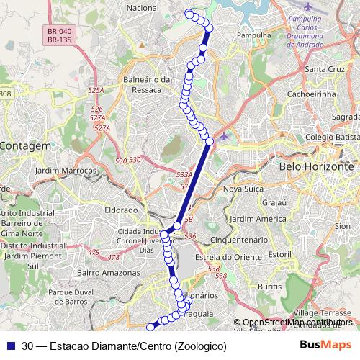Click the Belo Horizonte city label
point(315,166)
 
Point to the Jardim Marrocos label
point(65,171)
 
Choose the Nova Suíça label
point(241,189)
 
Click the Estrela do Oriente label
point(228,257)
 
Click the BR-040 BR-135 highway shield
point(59,36)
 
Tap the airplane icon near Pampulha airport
point(309,6)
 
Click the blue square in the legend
point(11,346)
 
